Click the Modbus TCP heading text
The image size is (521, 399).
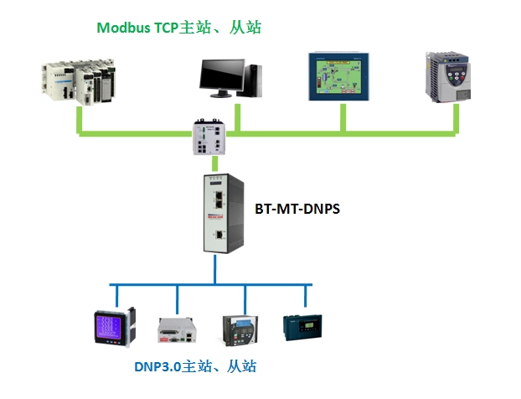coord(179,27)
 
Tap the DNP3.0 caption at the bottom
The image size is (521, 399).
coord(195,366)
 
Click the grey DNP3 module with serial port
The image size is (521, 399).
coord(177,330)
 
